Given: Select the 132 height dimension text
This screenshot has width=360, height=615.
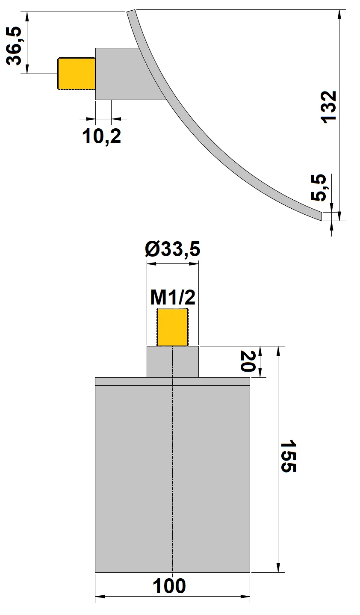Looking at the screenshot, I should pyautogui.click(x=329, y=107).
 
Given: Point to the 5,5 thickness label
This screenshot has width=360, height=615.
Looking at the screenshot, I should pyautogui.click(x=319, y=187).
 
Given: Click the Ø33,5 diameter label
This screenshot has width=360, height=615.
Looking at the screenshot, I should pyautogui.click(x=173, y=249).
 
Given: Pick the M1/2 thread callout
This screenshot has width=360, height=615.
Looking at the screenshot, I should pyautogui.click(x=173, y=297).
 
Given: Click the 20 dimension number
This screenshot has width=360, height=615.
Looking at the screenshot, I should pyautogui.click(x=248, y=361).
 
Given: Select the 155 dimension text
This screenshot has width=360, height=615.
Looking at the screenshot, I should pyautogui.click(x=288, y=455).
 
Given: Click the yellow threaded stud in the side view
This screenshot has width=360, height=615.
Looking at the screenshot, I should pyautogui.click(x=76, y=74).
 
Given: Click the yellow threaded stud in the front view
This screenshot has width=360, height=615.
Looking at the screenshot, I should pyautogui.click(x=173, y=327).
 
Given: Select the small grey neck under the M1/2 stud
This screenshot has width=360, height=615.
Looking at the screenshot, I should pyautogui.click(x=173, y=362).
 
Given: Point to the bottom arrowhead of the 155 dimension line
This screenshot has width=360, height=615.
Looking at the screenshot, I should pyautogui.click(x=279, y=568).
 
